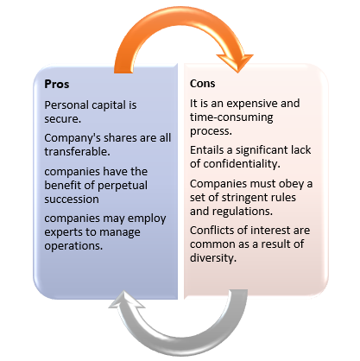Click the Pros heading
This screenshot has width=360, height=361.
coord(57,84)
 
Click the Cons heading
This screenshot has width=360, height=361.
coord(202,84)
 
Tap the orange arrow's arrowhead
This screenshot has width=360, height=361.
coord(236,62)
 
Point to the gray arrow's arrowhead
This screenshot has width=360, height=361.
coord(126,300)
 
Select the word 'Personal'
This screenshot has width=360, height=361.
coord(66,105)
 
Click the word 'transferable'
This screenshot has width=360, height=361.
coord(76,151)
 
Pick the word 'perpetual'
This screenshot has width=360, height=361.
coord(121,186)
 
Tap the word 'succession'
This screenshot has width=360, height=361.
coord(72,199)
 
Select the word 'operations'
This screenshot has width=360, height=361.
coord(73,246)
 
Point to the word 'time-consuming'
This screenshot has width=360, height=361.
coord(231,117)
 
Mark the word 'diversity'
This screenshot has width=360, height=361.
coord(212,257)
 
